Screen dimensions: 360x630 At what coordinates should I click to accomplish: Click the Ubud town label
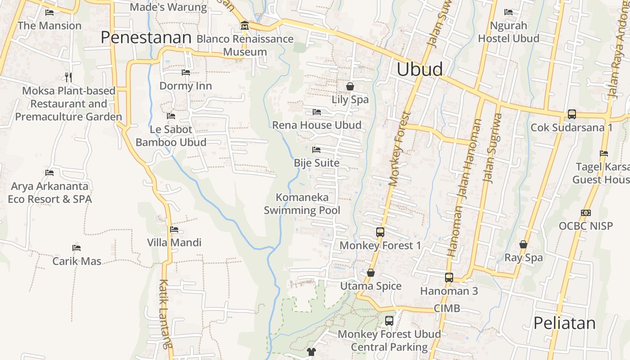tap(419, 69)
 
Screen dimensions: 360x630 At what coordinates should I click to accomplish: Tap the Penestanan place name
tap(146, 37)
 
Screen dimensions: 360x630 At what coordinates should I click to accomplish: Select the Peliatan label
tap(564, 323)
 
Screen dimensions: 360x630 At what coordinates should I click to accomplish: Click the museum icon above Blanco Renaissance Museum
tap(245, 25)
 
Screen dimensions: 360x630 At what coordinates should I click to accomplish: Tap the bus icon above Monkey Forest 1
tap(380, 232)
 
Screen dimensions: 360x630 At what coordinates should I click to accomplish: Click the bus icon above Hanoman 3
tap(449, 278)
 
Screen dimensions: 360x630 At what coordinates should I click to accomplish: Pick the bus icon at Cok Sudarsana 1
tap(571, 114)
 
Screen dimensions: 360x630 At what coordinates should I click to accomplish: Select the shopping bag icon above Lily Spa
tap(350, 86)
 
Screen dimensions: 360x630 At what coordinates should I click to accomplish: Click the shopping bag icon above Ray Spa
tap(523, 244)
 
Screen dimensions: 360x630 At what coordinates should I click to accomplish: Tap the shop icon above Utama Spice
tap(371, 273)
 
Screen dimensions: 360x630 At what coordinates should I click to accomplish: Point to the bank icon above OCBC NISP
tap(585, 212)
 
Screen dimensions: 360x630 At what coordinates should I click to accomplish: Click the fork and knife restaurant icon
tap(68, 77)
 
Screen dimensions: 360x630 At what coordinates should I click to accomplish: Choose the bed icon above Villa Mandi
tap(174, 229)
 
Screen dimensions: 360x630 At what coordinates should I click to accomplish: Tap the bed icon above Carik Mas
tap(76, 248)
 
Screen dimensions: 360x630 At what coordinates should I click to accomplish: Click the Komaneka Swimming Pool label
tap(302, 204)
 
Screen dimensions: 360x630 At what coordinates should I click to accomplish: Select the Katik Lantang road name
tap(165, 314)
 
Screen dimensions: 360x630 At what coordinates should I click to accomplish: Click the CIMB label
tap(447, 308)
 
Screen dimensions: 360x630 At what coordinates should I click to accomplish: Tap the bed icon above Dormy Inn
tap(185, 72)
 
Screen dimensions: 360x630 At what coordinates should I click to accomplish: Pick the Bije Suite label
tap(317, 163)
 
